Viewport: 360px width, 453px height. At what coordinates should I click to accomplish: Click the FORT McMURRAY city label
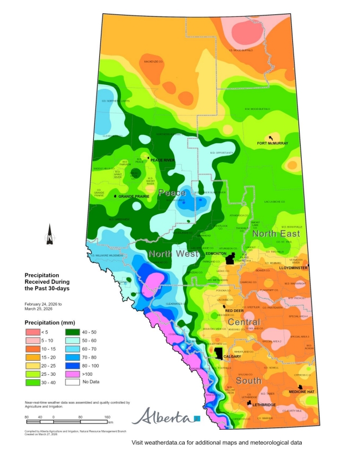(x=272, y=143)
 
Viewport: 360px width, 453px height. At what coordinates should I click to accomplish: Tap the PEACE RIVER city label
(x=163, y=160)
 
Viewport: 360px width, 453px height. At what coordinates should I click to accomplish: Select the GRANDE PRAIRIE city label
(x=131, y=197)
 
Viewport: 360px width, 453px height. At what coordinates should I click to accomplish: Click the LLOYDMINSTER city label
(x=294, y=267)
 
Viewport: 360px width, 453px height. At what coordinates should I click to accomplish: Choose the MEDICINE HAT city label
(x=301, y=392)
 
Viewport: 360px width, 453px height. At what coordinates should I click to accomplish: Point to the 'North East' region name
(x=276, y=234)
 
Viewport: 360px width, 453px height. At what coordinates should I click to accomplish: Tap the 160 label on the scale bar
(x=108, y=416)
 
